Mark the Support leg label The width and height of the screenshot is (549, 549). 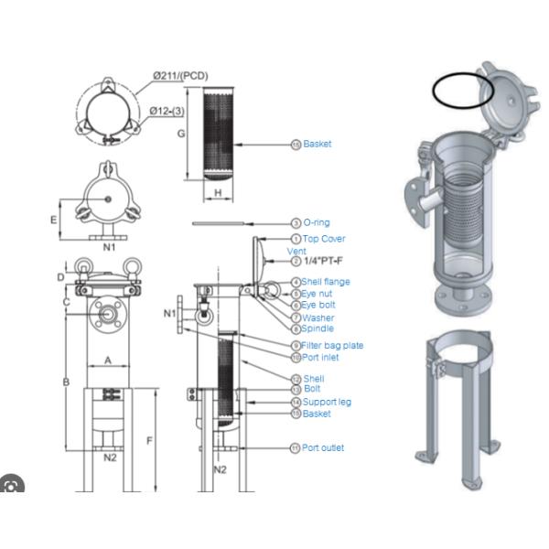coord(327,402)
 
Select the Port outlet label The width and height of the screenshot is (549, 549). coord(323,447)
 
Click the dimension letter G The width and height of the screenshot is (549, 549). coord(181,133)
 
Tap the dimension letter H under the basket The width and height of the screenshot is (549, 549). coord(218,192)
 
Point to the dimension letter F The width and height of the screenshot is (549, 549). coord(150,440)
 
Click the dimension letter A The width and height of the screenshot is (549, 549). coord(107,361)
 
